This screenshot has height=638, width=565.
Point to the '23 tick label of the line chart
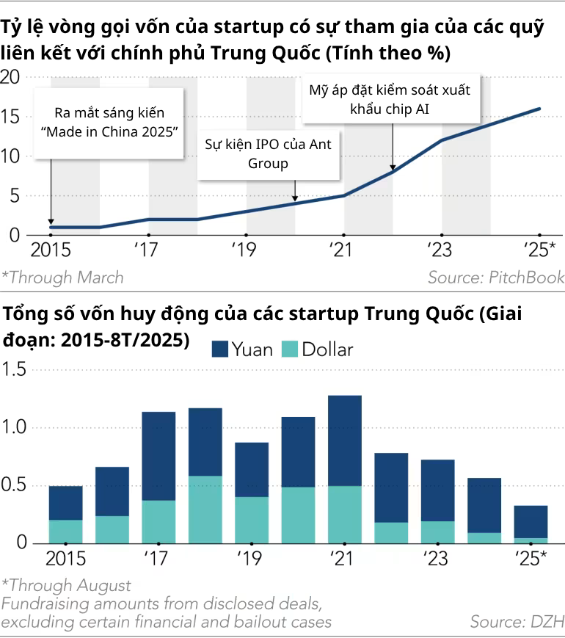pos(441,250)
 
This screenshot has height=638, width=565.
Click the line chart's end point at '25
pos(540,109)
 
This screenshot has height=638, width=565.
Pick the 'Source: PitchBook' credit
pos(496,278)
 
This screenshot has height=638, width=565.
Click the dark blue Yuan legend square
pos(219,349)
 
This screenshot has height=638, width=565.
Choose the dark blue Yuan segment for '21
pos(345,441)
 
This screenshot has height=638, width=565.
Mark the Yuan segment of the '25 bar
pos(531,521)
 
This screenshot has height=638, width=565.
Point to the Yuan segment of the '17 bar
pos(158,456)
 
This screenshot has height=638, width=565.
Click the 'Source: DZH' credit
pos(517,621)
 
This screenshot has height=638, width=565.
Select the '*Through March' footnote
pos(62,278)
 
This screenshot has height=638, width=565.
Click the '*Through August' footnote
pos(66,585)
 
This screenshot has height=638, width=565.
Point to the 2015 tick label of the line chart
pos(51,250)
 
